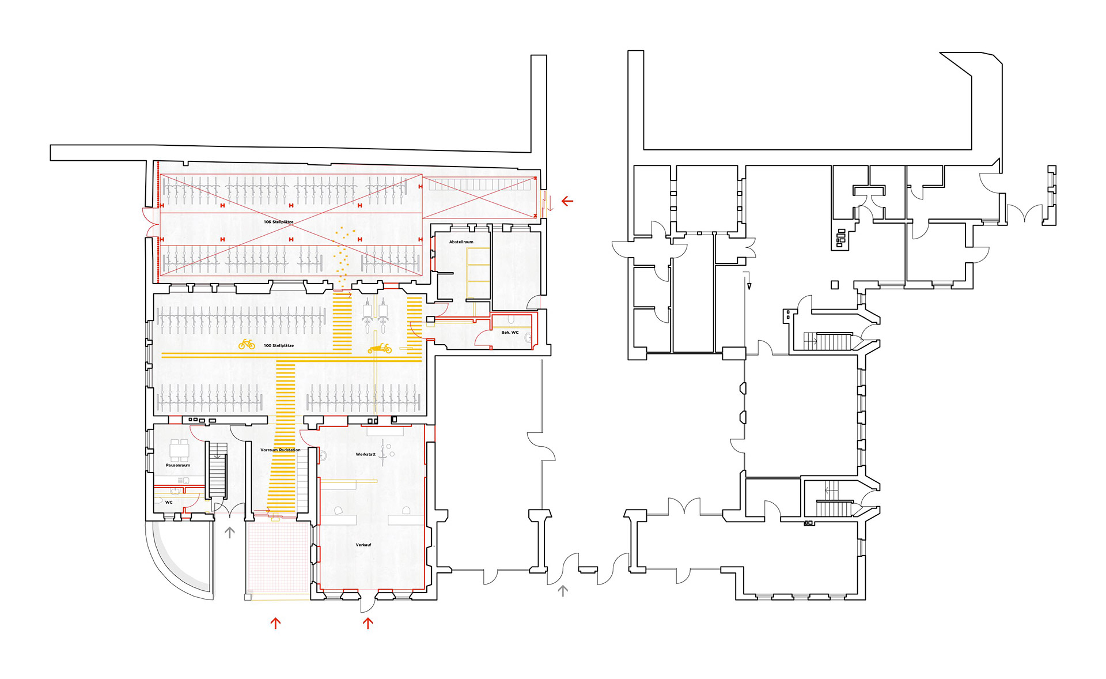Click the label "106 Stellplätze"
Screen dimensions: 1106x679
coord(278,222)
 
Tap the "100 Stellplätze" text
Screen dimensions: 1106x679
coord(279,346)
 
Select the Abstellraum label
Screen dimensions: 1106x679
coord(461,242)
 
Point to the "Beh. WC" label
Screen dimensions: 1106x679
coord(510,333)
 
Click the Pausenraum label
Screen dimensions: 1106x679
coord(178,465)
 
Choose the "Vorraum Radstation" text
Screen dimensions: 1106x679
coord(280,450)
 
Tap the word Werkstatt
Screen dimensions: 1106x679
coord(365,454)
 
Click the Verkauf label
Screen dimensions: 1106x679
coord(363,545)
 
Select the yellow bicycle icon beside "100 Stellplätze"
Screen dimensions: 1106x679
coord(247,344)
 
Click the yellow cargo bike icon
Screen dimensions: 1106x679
coord(380,348)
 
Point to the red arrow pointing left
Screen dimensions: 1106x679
coord(567,201)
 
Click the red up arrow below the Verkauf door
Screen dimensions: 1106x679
coord(368,623)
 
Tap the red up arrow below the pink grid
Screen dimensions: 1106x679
coord(275,623)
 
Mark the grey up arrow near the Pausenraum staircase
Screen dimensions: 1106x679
coord(229,532)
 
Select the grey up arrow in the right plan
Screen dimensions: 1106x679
coord(563,590)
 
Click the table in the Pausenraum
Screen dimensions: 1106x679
coord(179,448)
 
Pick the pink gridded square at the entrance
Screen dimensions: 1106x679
coord(279,556)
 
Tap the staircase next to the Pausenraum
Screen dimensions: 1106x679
coord(217,470)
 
